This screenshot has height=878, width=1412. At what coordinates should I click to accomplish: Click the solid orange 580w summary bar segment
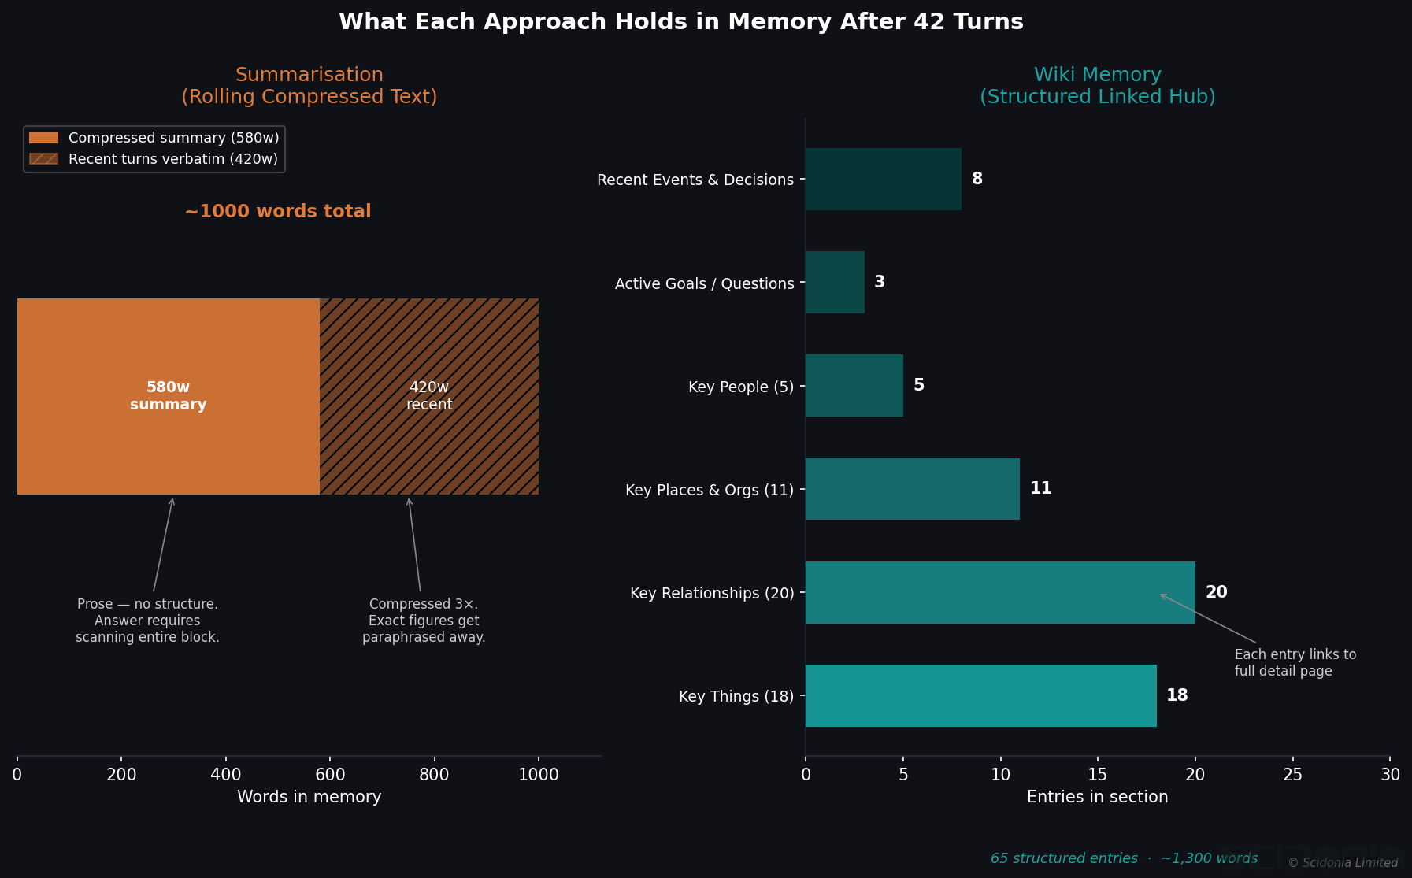[x=168, y=396]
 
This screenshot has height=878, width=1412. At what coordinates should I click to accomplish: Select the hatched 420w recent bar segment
[x=429, y=396]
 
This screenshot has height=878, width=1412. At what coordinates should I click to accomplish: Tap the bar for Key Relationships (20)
[x=1000, y=592]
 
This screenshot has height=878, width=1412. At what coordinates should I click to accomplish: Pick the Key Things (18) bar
[x=980, y=695]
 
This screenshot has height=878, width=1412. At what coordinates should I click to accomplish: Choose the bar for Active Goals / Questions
[x=835, y=282]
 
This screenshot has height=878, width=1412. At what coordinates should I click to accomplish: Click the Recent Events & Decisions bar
[x=883, y=179]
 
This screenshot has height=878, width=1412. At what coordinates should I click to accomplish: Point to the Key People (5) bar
[x=854, y=385]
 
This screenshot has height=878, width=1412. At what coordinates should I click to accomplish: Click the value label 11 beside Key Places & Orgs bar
[x=1040, y=488]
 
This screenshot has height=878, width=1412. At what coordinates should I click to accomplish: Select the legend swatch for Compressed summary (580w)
[x=43, y=138]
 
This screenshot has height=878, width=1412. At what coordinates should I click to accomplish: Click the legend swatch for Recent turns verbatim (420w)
[x=43, y=159]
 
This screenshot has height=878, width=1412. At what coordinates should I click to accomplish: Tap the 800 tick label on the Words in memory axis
[x=434, y=775]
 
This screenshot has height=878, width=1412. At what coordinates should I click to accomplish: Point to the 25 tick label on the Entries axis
[x=1292, y=775]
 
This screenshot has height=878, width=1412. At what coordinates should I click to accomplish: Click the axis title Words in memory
[x=309, y=797]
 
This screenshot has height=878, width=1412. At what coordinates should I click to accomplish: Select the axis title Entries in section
[x=1097, y=797]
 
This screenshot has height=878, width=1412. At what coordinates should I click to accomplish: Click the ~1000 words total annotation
[x=277, y=212]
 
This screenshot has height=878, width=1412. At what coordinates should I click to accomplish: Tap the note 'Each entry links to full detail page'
[x=1295, y=663]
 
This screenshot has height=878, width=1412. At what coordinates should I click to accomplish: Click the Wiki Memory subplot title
[x=1097, y=86]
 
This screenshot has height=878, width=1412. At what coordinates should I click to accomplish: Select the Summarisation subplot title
[x=309, y=86]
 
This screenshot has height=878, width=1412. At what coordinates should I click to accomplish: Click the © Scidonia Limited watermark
[x=1343, y=863]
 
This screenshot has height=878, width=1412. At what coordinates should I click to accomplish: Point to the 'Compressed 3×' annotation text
[x=424, y=621]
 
